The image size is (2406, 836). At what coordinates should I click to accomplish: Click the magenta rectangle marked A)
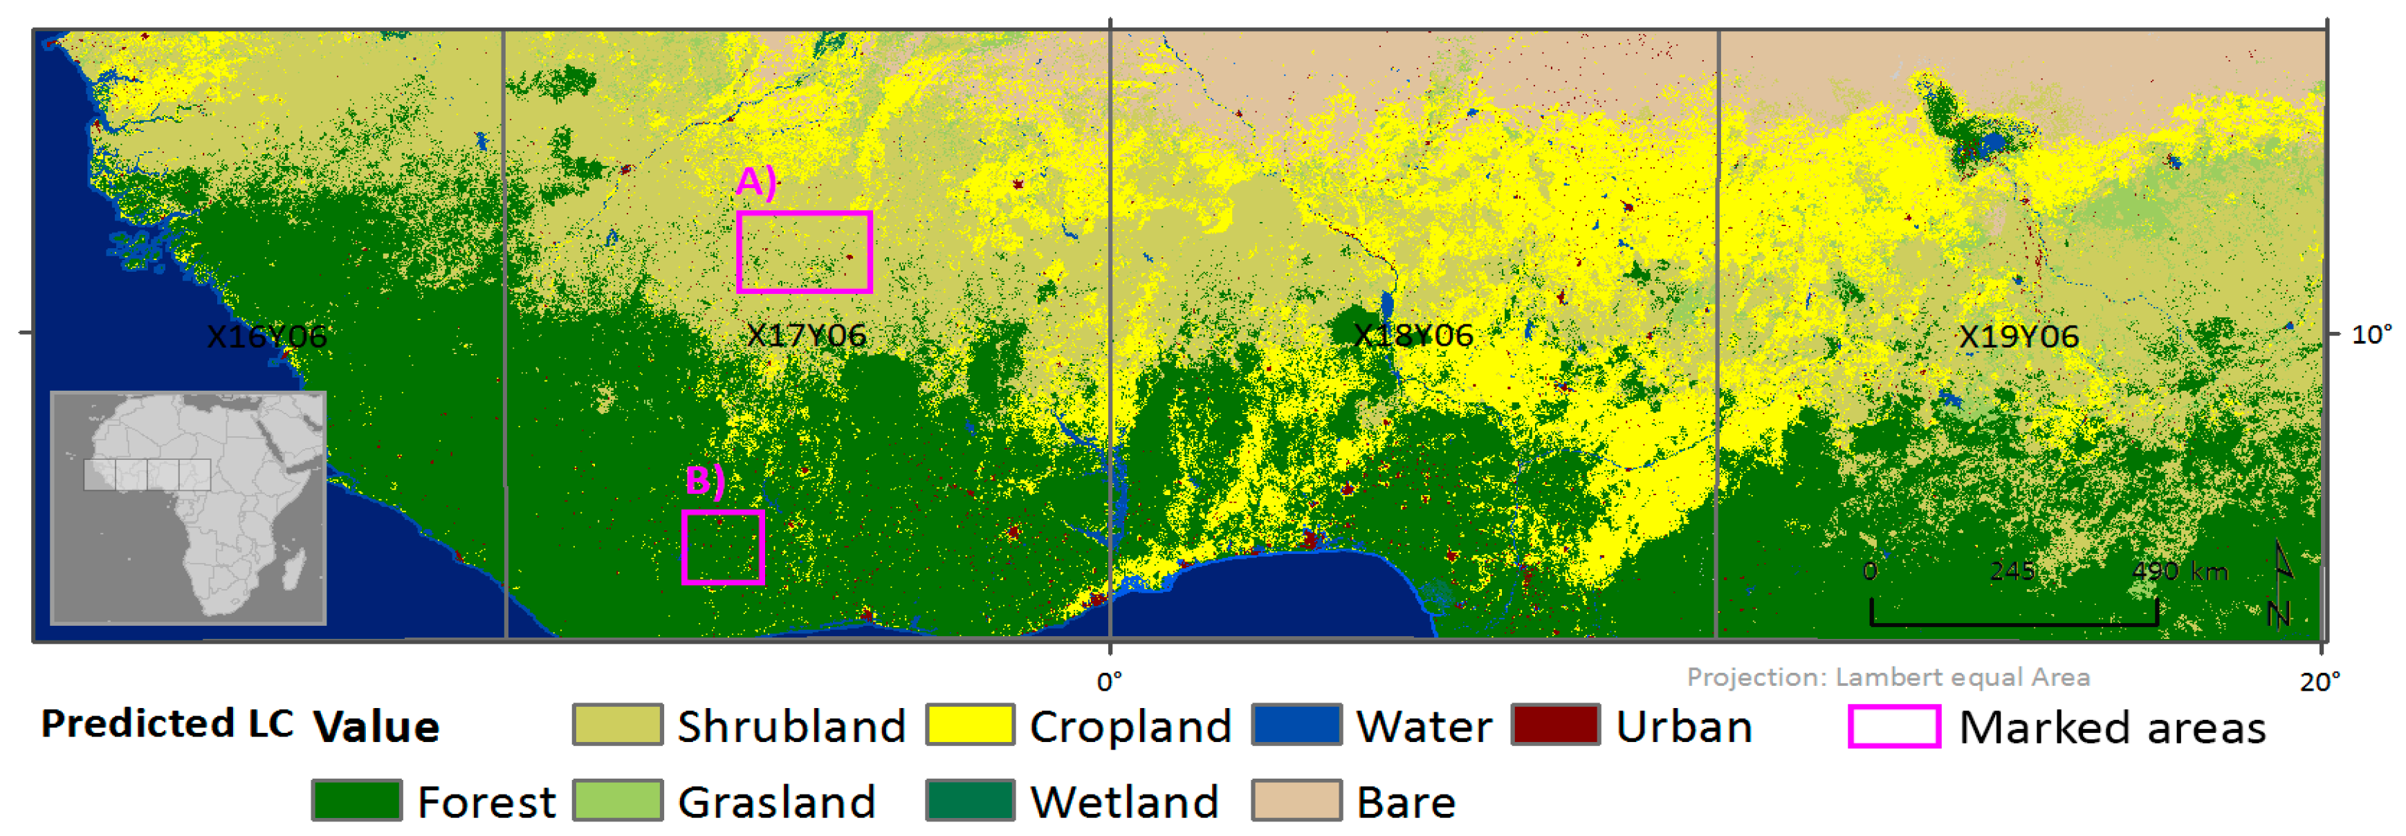click(x=804, y=252)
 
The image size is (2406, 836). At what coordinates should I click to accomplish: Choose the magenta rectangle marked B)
click(x=723, y=548)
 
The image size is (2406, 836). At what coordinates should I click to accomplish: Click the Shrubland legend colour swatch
click(x=617, y=725)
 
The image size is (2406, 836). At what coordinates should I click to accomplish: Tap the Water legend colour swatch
click(x=1296, y=725)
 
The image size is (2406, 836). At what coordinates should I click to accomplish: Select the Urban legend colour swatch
click(x=1555, y=725)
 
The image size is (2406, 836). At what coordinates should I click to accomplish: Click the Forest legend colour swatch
click(x=357, y=801)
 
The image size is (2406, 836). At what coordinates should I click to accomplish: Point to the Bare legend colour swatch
click(x=1296, y=801)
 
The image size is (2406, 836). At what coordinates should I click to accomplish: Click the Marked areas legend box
click(x=1893, y=727)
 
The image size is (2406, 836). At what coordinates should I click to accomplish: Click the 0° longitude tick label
click(x=1110, y=681)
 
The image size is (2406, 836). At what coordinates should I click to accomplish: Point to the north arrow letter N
click(x=2279, y=615)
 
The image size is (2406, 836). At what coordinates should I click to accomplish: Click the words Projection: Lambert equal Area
click(x=1888, y=676)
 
